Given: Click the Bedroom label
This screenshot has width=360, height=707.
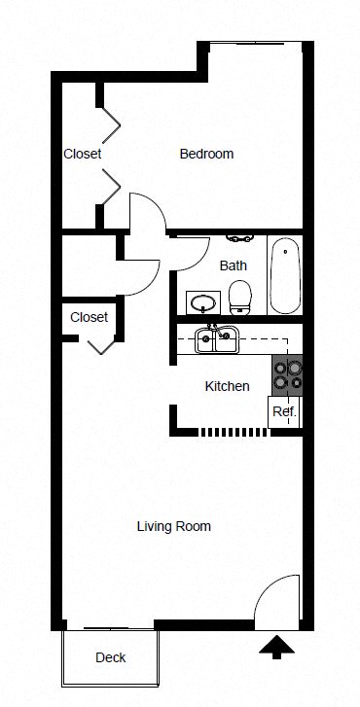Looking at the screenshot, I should click(206, 154).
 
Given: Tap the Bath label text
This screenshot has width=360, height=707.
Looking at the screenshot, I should click(233, 265).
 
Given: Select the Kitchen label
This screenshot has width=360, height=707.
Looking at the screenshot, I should click(227, 386).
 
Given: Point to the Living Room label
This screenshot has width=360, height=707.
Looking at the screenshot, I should click(173, 526).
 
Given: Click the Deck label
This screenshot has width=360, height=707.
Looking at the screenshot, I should click(110, 657).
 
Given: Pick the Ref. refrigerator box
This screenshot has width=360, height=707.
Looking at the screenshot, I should click(283, 411).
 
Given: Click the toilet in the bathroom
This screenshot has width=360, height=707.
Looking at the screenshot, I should click(240, 296).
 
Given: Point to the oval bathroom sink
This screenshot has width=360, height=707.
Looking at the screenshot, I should click(203, 302).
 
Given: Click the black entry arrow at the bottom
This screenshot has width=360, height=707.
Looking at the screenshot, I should click(276, 646).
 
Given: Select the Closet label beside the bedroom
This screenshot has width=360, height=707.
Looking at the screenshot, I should click(83, 154).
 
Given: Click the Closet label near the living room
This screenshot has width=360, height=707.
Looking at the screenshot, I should click(89, 317).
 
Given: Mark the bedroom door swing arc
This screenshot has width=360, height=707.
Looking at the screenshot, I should click(144, 210).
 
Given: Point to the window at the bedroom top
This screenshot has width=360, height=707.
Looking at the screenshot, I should click(255, 44).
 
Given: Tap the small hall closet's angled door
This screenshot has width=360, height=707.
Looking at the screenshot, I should click(100, 345).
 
